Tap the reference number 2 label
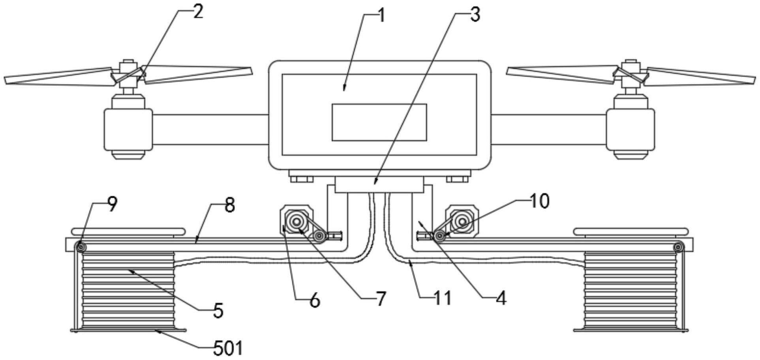pos(197,12)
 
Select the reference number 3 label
pos(475,15)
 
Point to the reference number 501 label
pos(228,349)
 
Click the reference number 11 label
pos(442,298)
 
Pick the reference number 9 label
pos(112,204)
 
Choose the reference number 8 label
pos(229,206)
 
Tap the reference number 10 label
pos(539,201)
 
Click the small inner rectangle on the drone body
pos(379,122)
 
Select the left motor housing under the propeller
pos(128,129)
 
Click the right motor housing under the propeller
pos(630,129)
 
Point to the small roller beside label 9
pos(81,247)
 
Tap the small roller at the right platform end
pos(679,247)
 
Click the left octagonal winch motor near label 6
pos(296,219)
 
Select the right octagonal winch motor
pos(462,219)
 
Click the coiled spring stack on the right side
pos(630,290)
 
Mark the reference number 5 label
pos(218,311)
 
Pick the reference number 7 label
pos(381,299)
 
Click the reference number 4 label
pos(501,299)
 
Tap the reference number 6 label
pos(314,301)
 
